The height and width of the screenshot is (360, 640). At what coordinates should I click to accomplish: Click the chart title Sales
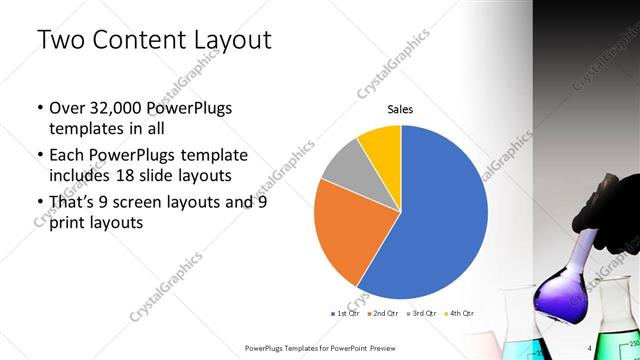400,110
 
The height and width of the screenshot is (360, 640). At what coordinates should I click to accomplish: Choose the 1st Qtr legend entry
349,314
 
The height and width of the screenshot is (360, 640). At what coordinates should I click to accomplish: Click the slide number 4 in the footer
590,347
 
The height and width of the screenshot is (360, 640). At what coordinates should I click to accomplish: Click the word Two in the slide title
63,41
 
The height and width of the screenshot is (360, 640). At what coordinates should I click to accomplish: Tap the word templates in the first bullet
87,130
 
